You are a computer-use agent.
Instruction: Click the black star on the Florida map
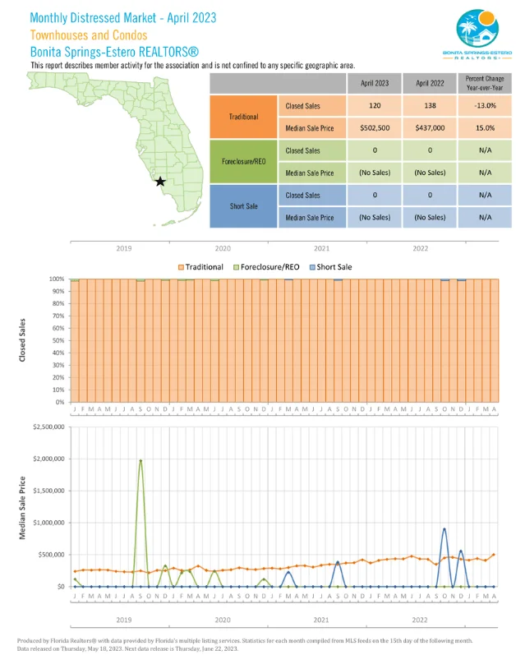click(x=160, y=181)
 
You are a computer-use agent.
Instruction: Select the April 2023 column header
click(x=375, y=83)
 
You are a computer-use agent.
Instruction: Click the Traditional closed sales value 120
click(x=375, y=106)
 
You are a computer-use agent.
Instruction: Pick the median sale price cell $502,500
click(x=375, y=128)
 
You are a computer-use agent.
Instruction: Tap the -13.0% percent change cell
click(x=485, y=106)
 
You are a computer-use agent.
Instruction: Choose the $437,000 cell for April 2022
click(x=431, y=128)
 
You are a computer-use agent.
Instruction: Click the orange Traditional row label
click(x=243, y=117)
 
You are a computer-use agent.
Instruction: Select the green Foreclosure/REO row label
click(x=243, y=162)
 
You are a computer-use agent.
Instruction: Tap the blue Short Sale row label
click(x=243, y=206)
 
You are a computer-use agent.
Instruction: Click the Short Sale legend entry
click(x=332, y=267)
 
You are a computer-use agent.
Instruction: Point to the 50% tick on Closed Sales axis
click(x=58, y=340)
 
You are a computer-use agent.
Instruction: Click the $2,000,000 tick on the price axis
click(x=46, y=459)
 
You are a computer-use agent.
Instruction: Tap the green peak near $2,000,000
click(x=140, y=460)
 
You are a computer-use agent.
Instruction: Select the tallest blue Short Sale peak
click(x=444, y=529)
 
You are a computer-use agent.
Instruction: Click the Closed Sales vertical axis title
click(x=23, y=340)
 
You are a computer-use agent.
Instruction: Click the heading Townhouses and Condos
click(x=89, y=35)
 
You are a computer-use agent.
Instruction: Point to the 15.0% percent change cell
click(x=485, y=128)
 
